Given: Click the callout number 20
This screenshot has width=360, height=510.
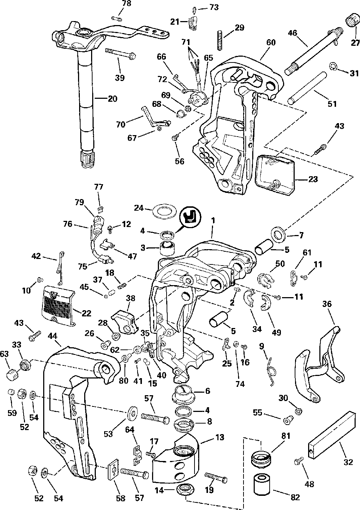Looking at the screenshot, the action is pyautogui.click(x=112, y=98).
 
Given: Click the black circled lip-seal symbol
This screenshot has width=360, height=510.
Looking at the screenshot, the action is pyautogui.click(x=191, y=217).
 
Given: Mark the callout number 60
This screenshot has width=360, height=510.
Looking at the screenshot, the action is pyautogui.click(x=270, y=42).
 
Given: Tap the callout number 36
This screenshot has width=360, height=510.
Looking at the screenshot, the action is pyautogui.click(x=327, y=304).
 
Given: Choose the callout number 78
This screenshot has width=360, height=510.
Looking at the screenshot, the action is pyautogui.click(x=126, y=3).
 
